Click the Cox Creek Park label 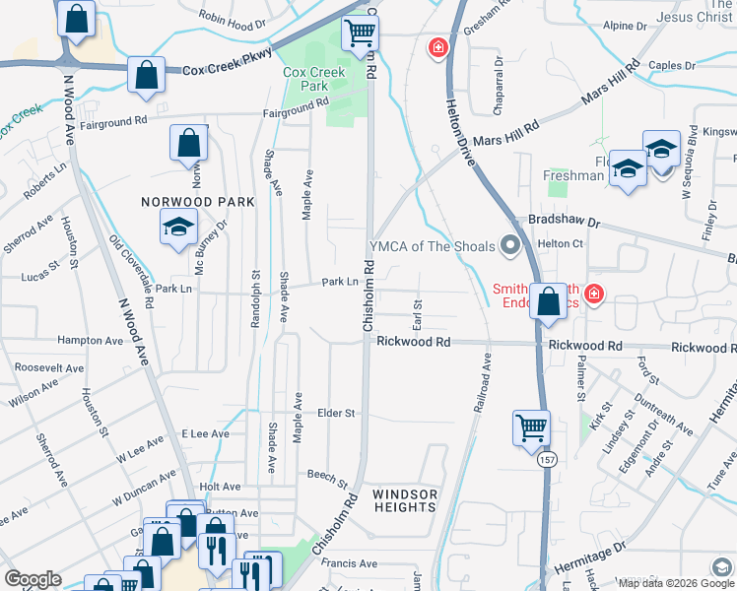tap(313, 79)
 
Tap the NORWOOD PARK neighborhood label tap(197, 202)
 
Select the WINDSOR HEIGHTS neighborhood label tap(404, 500)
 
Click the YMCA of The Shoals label tap(432, 246)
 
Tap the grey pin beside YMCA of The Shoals tap(509, 245)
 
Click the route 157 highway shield tap(544, 460)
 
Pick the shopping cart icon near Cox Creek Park tap(360, 33)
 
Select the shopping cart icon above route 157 tap(531, 427)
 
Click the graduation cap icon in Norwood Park tap(178, 229)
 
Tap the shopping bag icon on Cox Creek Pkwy tap(146, 76)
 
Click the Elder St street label tap(336, 414)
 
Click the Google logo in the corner tap(33, 579)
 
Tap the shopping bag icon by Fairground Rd tap(188, 143)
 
